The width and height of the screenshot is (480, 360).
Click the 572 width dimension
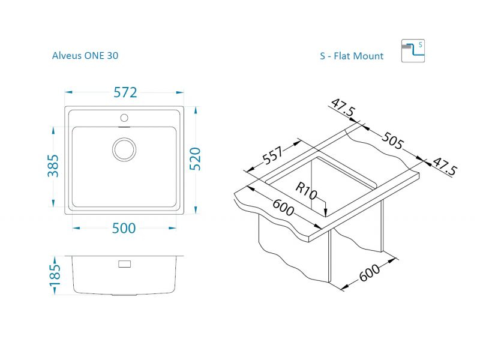point(125,92)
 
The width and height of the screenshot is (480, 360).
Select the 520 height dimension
point(195,159)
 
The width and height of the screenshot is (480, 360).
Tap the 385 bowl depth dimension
point(53,166)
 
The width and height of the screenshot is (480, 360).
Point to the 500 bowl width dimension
point(124,229)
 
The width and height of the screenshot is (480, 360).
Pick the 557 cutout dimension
point(273,155)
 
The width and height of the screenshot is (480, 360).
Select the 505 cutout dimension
point(393,140)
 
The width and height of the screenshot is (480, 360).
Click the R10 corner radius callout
point(307,191)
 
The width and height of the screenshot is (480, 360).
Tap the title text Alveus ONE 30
point(85,55)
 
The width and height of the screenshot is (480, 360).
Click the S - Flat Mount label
point(352,56)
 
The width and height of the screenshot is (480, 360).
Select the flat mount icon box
point(413,51)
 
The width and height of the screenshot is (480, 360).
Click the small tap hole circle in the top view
point(124,118)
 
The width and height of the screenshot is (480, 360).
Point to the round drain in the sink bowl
point(124,149)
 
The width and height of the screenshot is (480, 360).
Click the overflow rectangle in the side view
point(125,264)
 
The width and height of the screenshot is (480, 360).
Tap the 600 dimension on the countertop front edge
point(283,207)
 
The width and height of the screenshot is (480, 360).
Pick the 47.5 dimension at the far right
point(445,166)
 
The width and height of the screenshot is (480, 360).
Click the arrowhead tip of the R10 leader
point(326,216)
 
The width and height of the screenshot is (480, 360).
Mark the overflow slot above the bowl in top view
point(124,126)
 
